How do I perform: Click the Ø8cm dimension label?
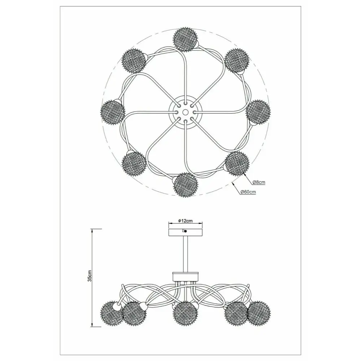[259, 182]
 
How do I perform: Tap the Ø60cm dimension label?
[248, 192]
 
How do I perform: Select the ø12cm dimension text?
[185, 221]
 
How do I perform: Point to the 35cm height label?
[90, 275]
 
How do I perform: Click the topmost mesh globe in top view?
[185, 39]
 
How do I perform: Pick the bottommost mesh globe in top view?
[185, 184]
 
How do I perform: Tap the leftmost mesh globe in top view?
[113, 113]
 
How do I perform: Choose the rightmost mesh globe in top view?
[258, 112]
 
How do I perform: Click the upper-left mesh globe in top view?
[134, 61]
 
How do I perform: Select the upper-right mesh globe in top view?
[237, 60]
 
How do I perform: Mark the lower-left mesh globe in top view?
[134, 163]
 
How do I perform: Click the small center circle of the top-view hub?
[185, 112]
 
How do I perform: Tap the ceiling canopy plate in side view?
[186, 232]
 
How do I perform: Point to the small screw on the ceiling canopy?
[186, 231]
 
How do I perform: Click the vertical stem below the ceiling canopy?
[186, 254]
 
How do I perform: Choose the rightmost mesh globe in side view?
[259, 313]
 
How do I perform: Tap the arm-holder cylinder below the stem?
[186, 276]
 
